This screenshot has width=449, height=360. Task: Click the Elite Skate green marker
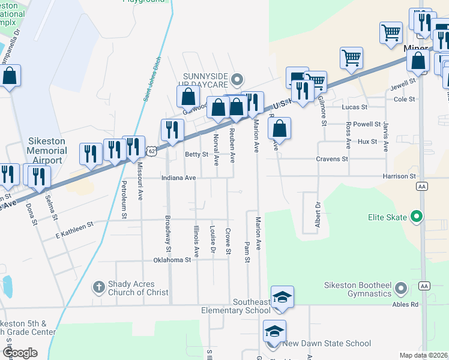pyautogui.click(x=415, y=217)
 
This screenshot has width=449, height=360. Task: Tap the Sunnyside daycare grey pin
pyautogui.click(x=238, y=79)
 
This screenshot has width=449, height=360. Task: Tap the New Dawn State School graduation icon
pyautogui.click(x=274, y=331)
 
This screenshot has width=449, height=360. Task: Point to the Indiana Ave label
pyautogui.click(x=178, y=178)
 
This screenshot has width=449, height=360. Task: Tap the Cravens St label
pyautogui.click(x=332, y=159)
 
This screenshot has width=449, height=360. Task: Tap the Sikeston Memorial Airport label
pyautogui.click(x=46, y=151)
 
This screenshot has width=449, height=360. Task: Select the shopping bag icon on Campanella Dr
pyautogui.click(x=10, y=76)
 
